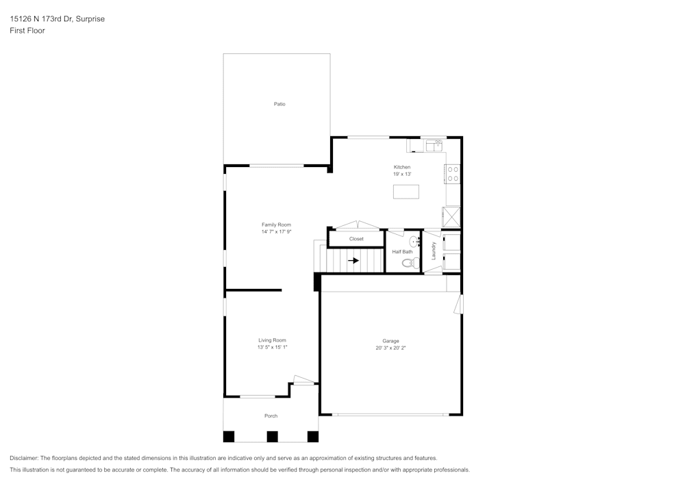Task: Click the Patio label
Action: tap(279, 104)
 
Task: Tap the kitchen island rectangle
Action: tap(406, 192)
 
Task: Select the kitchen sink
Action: tap(434, 145)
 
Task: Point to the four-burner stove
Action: tap(453, 175)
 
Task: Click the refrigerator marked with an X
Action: tap(451, 216)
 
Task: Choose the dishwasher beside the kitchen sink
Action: tap(415, 146)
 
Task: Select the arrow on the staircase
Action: tap(353, 260)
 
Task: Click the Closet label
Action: tap(356, 239)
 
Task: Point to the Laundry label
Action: tap(434, 251)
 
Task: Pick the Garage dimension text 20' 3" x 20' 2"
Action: tap(390, 348)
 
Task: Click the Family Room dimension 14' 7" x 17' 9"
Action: tap(276, 232)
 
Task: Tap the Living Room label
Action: tap(272, 340)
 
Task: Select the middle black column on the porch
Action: tap(272, 436)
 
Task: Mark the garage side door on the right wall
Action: tap(460, 303)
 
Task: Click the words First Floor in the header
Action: tap(27, 31)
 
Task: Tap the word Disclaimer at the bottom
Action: tap(24, 458)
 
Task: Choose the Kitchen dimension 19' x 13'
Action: tap(401, 175)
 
